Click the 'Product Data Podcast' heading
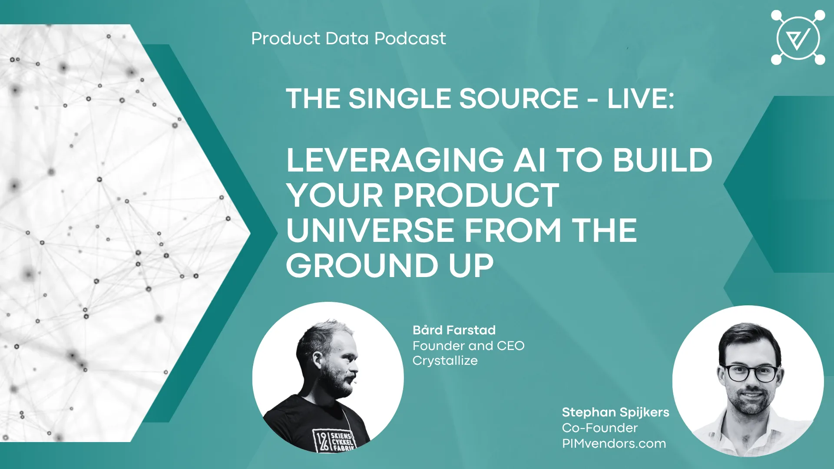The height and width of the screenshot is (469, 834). point(348,39)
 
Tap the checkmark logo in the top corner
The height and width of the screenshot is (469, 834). point(798,38)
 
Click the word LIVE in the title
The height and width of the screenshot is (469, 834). point(641,99)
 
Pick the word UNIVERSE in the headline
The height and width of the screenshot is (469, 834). point(371,230)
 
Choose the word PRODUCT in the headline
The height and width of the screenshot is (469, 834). point(476,195)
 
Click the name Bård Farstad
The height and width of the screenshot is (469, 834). point(454,330)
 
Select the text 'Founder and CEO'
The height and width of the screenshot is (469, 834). point(468,346)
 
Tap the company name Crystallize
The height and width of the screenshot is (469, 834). point(445,361)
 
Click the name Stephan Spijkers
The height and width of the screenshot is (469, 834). point(616,412)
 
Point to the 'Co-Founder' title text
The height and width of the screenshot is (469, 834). point(599,428)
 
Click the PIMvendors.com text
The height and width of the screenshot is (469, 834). point(614,443)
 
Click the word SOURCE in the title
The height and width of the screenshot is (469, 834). point(519,99)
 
